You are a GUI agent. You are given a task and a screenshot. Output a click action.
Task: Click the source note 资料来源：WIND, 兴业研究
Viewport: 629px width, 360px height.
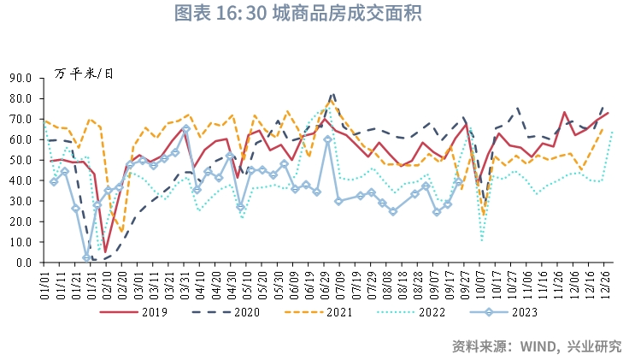536,346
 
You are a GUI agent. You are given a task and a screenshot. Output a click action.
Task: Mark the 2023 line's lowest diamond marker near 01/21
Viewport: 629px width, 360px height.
86,258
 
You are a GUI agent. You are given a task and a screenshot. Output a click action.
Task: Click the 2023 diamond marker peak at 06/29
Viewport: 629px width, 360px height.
327,139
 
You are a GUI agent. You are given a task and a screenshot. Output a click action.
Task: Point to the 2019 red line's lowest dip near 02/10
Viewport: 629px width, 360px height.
106,253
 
